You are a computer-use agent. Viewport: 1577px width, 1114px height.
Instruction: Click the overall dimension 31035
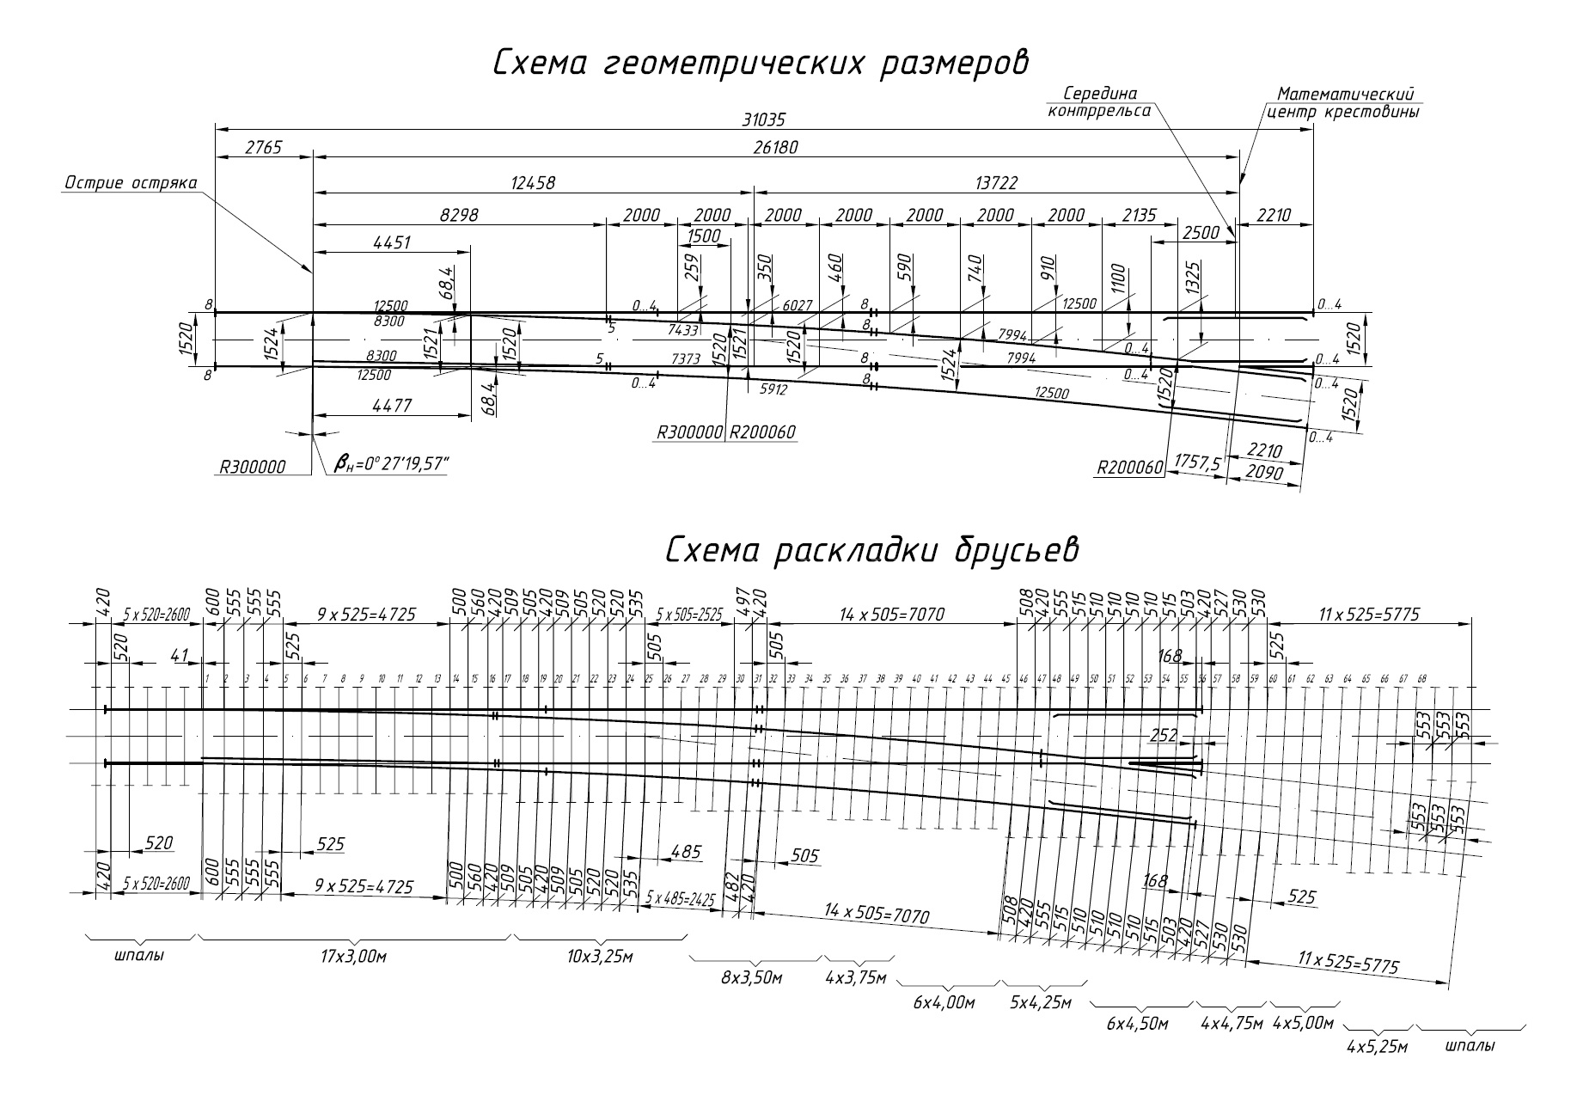pos(764,120)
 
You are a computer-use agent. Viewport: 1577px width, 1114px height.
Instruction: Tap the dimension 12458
pos(533,183)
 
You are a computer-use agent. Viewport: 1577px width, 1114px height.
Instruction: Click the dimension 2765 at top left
pos(263,148)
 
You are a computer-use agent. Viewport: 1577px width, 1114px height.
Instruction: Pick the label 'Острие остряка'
pos(131,183)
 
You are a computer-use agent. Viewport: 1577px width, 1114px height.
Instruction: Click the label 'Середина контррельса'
pos(1099,101)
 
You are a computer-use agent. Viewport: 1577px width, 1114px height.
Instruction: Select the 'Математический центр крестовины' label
pos(1344,102)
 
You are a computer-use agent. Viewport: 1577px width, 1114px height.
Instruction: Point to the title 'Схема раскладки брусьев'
pos(871,552)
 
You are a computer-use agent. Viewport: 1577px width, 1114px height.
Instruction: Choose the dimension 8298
pos(459,215)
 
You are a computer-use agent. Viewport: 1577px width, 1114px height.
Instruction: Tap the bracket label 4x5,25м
pos(1378,1047)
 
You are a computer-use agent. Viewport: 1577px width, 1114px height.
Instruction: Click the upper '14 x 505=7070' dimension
pos(891,615)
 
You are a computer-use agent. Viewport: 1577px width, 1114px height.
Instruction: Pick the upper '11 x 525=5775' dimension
pos(1368,615)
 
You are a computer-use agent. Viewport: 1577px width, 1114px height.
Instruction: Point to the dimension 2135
pos(1140,215)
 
